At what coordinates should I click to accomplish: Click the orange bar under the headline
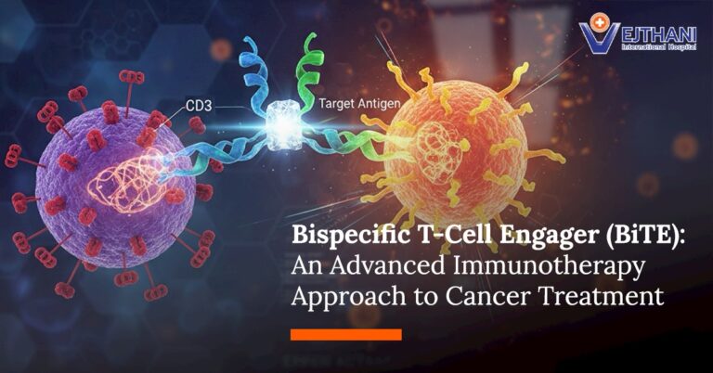[x=345, y=334]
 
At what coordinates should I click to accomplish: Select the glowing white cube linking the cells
[x=279, y=122]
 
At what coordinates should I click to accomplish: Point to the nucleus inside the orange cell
[x=436, y=148]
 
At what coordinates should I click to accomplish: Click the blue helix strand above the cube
[x=253, y=65]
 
